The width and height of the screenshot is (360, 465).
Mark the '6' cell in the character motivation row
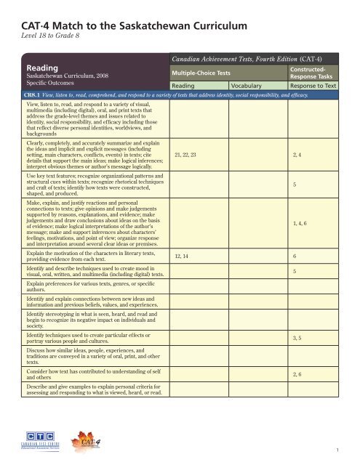pos(294,256)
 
